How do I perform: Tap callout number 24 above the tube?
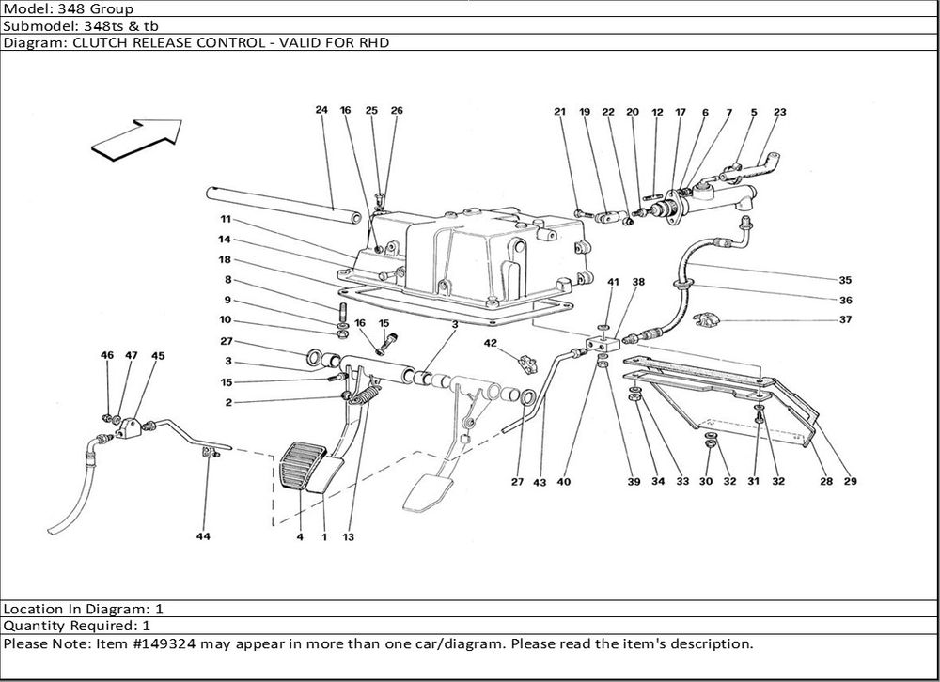(321, 111)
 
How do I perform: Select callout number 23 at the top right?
(779, 113)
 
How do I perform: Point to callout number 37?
(845, 320)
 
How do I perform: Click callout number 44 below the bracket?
(203, 537)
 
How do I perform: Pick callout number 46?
(107, 356)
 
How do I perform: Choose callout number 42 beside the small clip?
(490, 343)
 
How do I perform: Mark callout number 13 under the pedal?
(350, 537)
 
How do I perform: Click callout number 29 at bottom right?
(851, 483)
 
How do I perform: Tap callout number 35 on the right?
(845, 280)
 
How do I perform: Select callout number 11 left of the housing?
(226, 219)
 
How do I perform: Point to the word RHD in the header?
(375, 43)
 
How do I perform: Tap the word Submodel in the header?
(37, 25)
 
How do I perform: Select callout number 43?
(539, 483)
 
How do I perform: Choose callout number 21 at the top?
(560, 113)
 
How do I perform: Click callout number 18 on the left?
(226, 259)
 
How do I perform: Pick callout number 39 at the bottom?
(634, 483)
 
